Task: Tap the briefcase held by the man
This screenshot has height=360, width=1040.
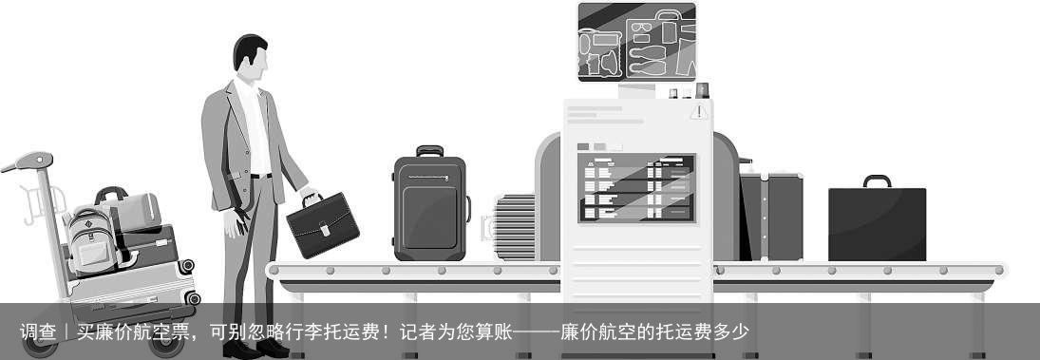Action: click(323, 225)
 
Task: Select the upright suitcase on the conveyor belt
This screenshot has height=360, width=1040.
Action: click(430, 208)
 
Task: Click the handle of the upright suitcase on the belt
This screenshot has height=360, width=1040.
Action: click(429, 150)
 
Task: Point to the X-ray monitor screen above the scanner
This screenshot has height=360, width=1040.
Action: click(636, 42)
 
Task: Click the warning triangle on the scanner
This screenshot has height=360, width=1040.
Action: click(700, 112)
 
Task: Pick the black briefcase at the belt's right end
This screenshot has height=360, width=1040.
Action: click(877, 224)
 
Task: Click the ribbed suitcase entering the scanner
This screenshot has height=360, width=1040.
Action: click(515, 227)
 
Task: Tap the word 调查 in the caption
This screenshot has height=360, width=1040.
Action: click(39, 332)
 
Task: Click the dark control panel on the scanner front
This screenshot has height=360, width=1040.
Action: click(636, 188)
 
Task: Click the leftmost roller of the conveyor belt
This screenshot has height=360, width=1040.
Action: click(274, 271)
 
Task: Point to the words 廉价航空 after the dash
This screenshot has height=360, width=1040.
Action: click(597, 332)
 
